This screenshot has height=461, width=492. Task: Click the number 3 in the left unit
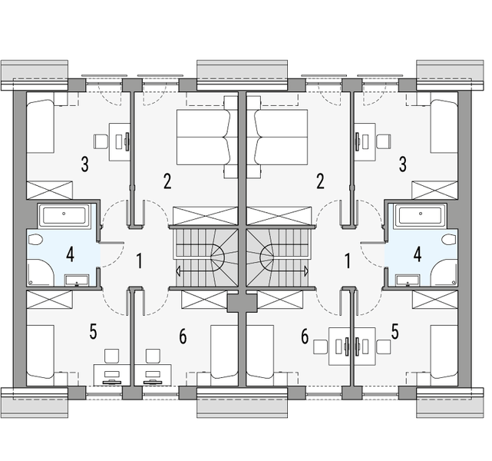pyautogui.click(x=84, y=164)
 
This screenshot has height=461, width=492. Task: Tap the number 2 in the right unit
pyautogui.click(x=320, y=181)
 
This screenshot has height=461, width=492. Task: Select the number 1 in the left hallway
pyautogui.click(x=140, y=261)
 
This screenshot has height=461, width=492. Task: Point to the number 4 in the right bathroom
pyautogui.click(x=418, y=254)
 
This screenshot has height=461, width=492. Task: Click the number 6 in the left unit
pyautogui.click(x=183, y=337)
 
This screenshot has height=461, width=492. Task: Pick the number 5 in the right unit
pyautogui.click(x=395, y=332)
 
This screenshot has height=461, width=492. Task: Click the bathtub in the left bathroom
pyautogui.click(x=64, y=216)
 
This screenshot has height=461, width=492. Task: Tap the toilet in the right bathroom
pyautogui.click(x=449, y=240)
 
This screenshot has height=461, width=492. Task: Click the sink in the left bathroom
pyautogui.click(x=77, y=280)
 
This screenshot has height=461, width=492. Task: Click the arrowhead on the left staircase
pyautogui.click(x=178, y=271)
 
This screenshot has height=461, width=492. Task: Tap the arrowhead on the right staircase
pyautogui.click(x=306, y=270)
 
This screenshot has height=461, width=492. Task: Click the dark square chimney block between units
pyautogui.click(x=242, y=303)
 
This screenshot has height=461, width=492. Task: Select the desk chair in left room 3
pyautogui.click(x=101, y=141)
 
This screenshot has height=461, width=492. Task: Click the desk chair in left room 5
pyautogui.click(x=111, y=356)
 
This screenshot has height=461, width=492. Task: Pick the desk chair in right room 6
pyautogui.click(x=321, y=347)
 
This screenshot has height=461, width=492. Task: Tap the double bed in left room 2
pyautogui.click(x=203, y=138)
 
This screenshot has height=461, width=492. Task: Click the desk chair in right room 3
pyautogui.click(x=384, y=141)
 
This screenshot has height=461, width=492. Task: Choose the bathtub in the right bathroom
pyautogui.click(x=421, y=216)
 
